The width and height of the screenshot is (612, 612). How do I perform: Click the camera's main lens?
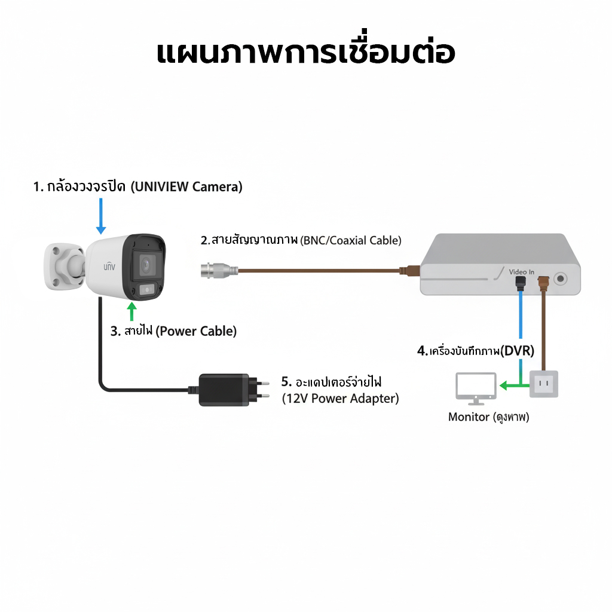[146, 264]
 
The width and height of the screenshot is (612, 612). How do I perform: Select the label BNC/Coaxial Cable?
[351, 241]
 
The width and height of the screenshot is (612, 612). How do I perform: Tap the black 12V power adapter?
[225, 390]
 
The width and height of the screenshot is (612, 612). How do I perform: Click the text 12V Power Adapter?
[341, 399]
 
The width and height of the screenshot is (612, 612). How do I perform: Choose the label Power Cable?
[196, 331]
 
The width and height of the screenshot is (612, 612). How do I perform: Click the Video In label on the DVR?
[522, 272]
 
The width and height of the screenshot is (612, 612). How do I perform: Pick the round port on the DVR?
[560, 278]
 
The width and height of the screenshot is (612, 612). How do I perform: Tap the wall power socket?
[544, 384]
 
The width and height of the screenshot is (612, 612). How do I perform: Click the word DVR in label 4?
[518, 351]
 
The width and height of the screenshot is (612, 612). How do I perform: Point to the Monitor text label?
[469, 417]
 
